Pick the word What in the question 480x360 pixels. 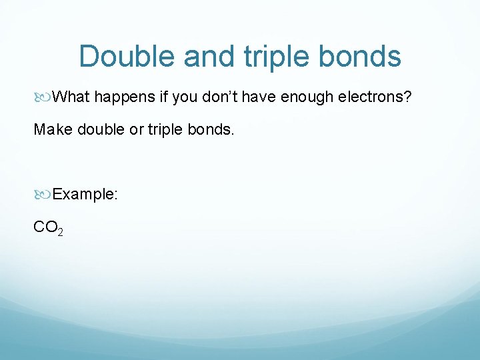coord(71,98)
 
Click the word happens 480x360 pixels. coord(125,98)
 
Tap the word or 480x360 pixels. coord(137,129)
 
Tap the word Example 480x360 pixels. coord(84,194)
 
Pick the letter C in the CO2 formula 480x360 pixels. coord(39,227)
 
